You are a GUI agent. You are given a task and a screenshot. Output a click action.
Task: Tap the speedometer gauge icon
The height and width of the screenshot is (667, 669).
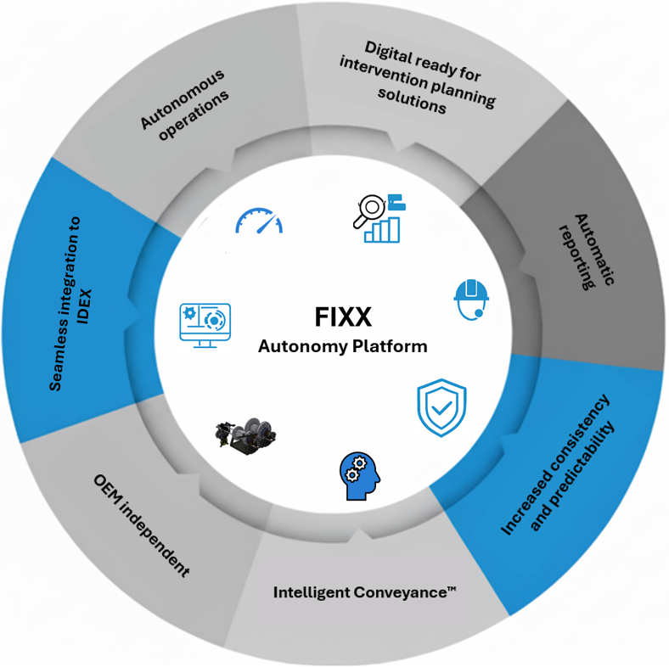pos(258,221)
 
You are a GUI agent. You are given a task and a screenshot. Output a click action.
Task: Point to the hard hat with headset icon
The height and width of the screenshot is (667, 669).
pos(472,299)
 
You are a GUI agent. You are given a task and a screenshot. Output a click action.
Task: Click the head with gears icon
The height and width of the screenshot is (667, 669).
pos(357,474)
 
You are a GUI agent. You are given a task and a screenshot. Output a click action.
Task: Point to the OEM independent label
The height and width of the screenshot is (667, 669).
pos(141,526)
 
